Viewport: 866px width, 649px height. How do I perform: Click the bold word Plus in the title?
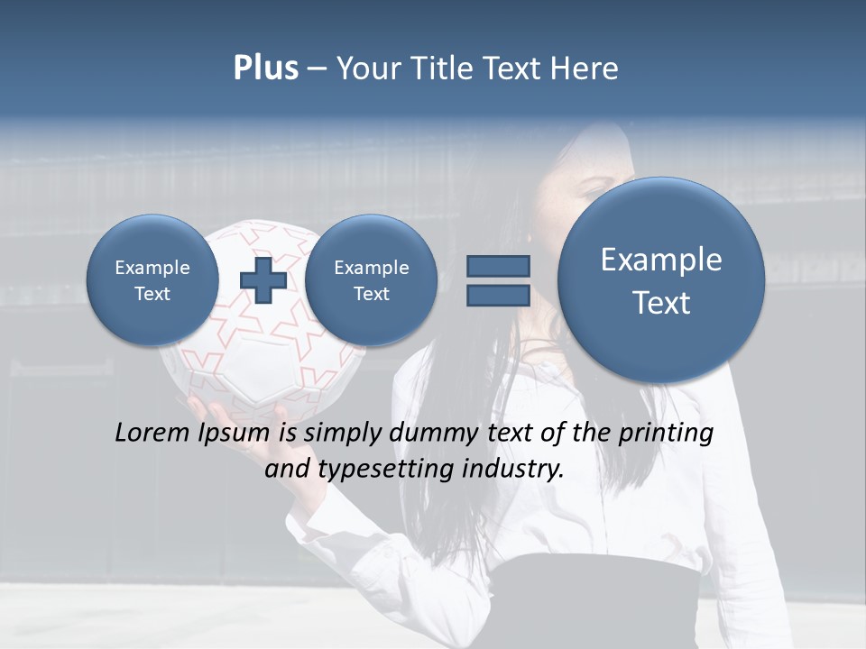265,69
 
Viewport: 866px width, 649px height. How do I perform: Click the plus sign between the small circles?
263,279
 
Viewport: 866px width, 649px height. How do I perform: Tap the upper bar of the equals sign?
498,266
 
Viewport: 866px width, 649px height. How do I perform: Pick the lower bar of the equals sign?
498,295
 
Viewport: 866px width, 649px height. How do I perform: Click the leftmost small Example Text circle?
152,279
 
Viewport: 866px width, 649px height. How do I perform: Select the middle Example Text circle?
371,279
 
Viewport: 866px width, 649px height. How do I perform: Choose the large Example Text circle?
661,279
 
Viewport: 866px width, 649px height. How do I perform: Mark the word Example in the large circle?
661,260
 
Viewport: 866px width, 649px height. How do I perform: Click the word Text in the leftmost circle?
152,294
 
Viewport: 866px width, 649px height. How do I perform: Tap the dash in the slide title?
317,69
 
